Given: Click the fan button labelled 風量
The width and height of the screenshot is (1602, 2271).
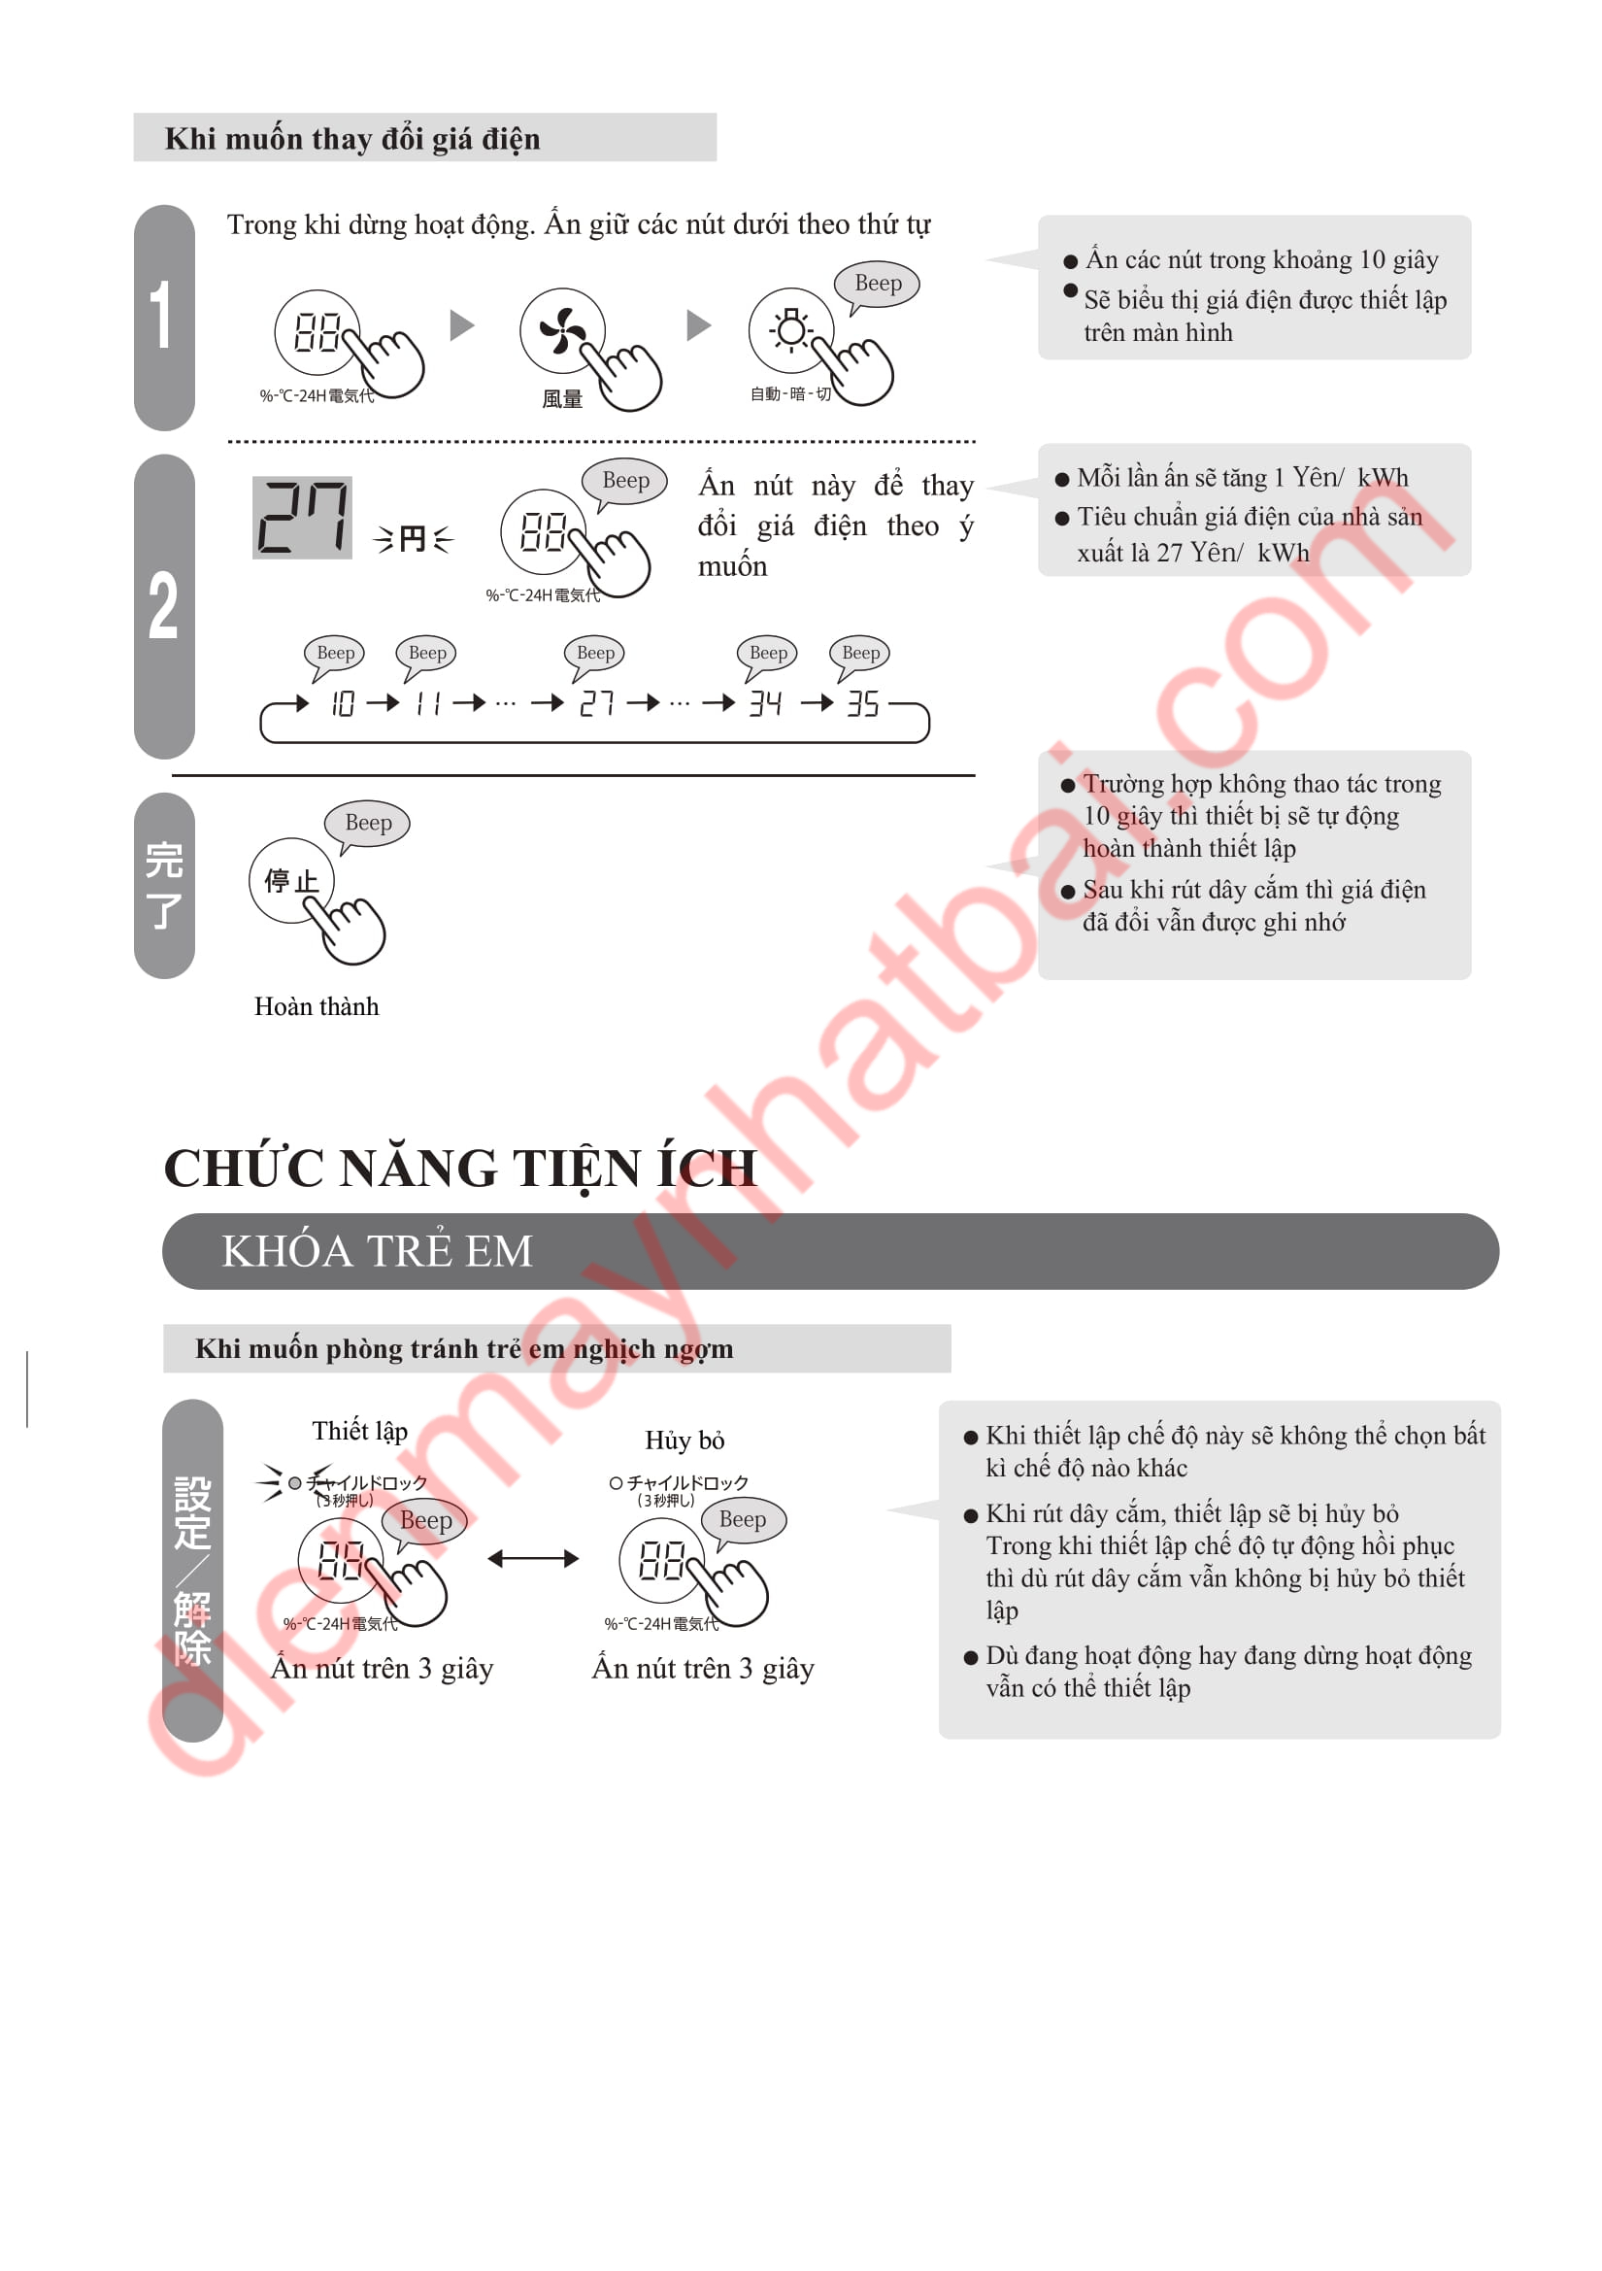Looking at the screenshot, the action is [x=562, y=331].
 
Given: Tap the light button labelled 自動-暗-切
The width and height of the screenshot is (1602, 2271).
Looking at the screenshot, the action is [x=791, y=330].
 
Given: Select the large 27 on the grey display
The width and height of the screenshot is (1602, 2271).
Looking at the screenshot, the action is [x=303, y=518].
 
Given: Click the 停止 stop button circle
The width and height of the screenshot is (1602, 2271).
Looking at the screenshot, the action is [x=291, y=880].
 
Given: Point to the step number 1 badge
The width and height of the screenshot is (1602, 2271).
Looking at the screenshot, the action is [x=164, y=318].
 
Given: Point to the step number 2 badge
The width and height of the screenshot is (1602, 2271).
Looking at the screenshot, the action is [x=164, y=605].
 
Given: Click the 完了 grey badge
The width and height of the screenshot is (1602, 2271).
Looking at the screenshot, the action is [x=164, y=885].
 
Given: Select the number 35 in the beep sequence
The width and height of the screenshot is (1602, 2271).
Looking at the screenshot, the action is [x=863, y=703].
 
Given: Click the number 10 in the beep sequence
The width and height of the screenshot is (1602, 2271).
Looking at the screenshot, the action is [x=343, y=703].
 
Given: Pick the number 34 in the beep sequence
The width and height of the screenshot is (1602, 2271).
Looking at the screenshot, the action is [x=765, y=703].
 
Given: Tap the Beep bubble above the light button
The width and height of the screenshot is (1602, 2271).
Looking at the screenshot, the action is [x=877, y=285].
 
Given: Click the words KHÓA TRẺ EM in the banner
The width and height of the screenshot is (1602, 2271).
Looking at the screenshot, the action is [x=377, y=1251].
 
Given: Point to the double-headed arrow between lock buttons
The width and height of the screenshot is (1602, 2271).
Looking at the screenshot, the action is [x=533, y=1559].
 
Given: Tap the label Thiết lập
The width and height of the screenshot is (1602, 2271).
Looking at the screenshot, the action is [x=360, y=1431].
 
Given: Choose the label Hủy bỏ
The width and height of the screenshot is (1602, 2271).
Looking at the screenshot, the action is [x=685, y=1441].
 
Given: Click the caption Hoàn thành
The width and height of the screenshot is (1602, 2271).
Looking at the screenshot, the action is [x=317, y=1006].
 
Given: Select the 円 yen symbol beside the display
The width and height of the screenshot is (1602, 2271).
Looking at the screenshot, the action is [x=414, y=539].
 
